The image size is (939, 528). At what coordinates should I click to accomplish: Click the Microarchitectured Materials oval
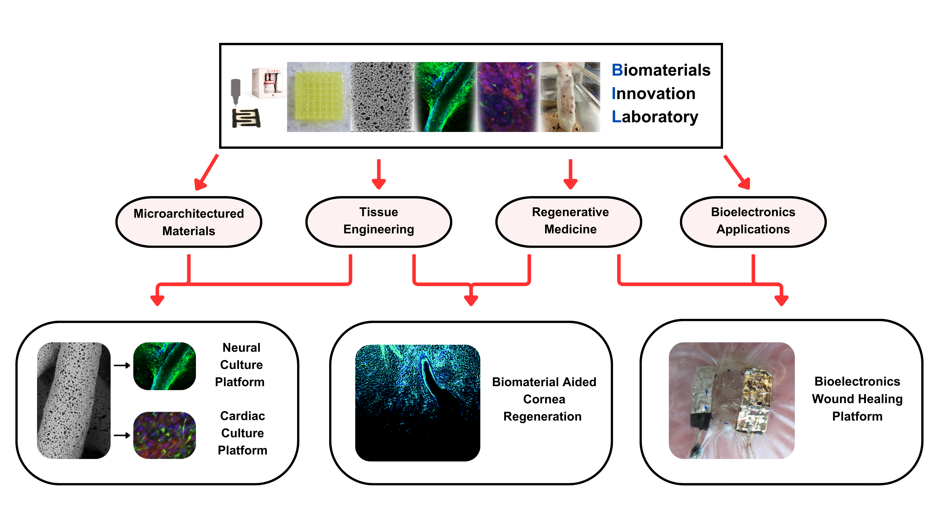click(189, 222)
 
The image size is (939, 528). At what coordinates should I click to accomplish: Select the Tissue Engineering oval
click(379, 222)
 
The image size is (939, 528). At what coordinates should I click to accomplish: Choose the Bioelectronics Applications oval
click(753, 222)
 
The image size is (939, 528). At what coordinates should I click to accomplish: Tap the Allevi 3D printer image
click(269, 83)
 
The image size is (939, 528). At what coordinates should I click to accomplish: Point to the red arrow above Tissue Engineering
click(379, 174)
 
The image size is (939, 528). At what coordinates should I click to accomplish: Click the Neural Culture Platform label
click(240, 365)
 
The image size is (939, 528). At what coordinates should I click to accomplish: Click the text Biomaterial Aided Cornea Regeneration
click(544, 399)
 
